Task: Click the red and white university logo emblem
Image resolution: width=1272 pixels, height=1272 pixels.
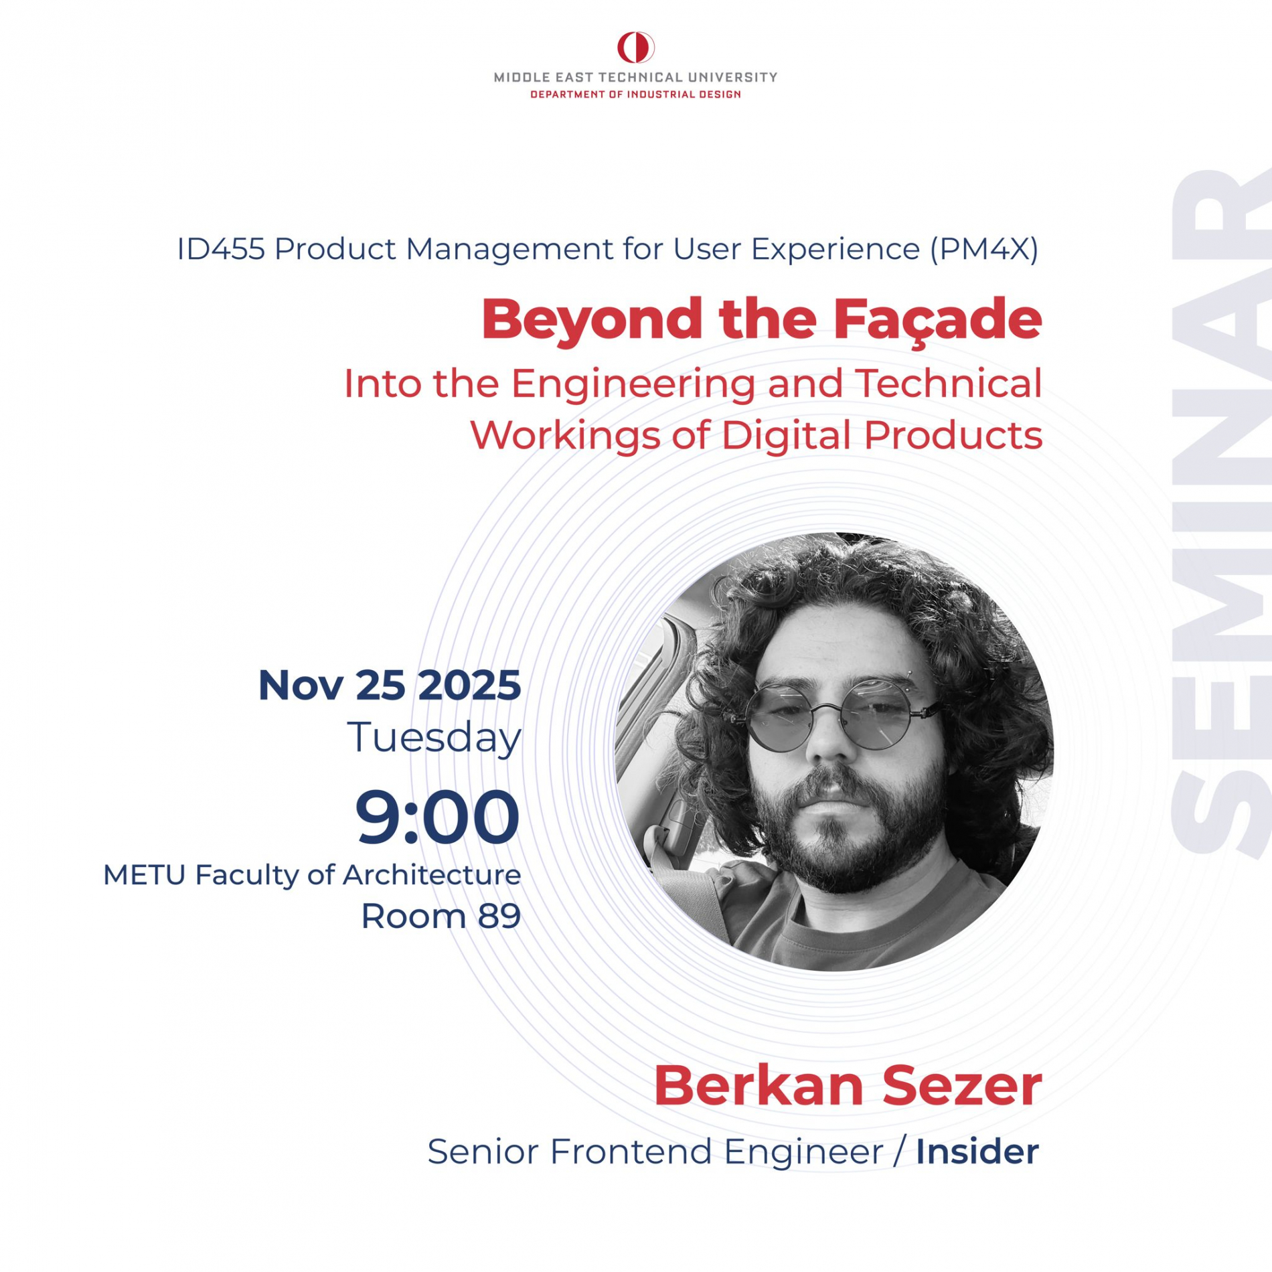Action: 635,48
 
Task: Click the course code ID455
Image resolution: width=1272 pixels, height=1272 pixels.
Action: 221,249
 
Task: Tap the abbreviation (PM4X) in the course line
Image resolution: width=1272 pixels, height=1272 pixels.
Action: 984,250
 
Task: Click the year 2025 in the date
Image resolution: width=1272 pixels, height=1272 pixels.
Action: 469,686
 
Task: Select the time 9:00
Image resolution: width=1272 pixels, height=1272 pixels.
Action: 437,817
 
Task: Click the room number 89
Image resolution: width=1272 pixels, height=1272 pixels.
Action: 499,917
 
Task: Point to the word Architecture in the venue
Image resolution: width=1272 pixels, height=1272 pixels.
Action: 432,875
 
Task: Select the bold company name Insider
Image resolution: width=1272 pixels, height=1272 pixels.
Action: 977,1152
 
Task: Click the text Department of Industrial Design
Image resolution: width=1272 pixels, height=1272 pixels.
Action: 635,94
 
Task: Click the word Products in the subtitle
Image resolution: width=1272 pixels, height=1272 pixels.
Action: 953,435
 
